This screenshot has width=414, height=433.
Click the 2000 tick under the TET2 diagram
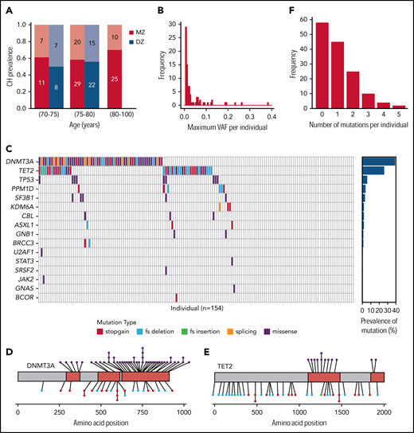[385, 413]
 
